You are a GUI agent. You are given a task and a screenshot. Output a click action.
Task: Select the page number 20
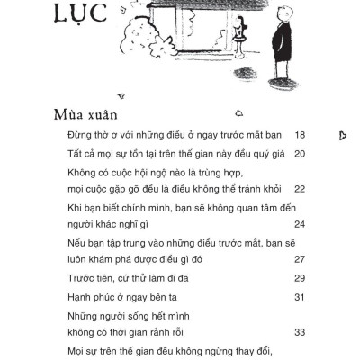click(x=300, y=154)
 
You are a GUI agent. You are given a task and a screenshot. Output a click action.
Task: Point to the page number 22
click(x=300, y=189)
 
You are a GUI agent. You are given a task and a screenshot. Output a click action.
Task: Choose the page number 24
click(x=300, y=224)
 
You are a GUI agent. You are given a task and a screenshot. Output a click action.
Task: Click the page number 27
click(x=300, y=259)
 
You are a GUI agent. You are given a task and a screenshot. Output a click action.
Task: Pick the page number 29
click(x=300, y=278)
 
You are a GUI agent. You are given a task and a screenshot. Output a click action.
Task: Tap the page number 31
click(x=300, y=298)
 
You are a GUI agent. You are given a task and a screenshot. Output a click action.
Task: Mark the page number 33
click(x=300, y=332)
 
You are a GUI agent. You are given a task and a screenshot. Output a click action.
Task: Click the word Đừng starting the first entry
click(x=82, y=135)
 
